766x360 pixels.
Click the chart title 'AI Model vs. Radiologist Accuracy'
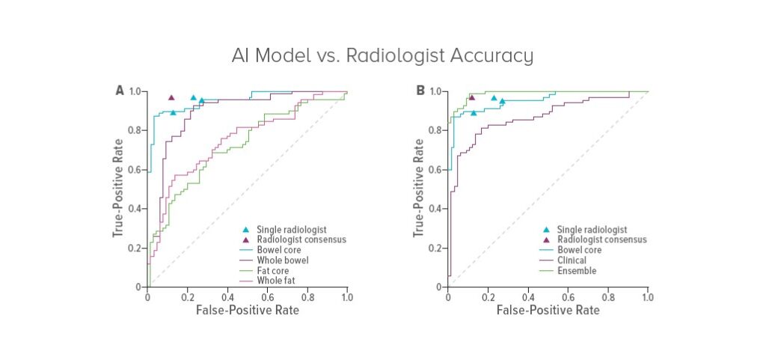382,56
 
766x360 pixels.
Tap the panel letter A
120,91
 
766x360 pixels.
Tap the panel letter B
420,91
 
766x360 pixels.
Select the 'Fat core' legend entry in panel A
274,270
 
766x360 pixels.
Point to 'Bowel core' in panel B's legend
578,250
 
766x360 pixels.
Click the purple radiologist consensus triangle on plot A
171,97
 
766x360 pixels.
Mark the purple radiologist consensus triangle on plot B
471,97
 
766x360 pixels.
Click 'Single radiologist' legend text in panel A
292,228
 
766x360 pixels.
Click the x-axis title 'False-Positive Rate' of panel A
247,310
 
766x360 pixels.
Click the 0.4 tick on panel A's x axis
227,296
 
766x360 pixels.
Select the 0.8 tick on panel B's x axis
608,296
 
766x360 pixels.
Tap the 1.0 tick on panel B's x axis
648,296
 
